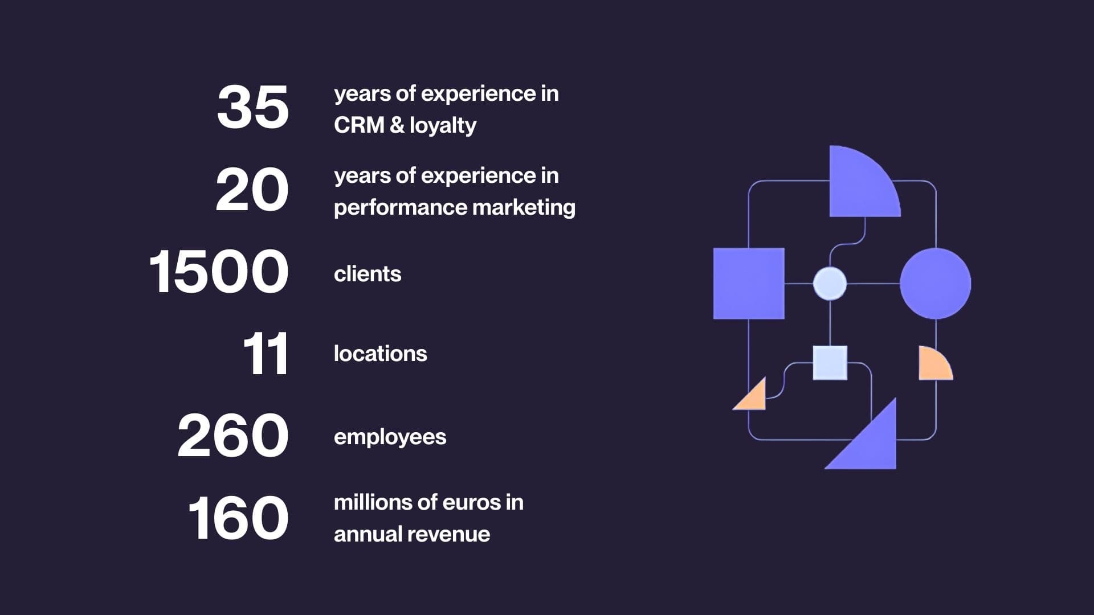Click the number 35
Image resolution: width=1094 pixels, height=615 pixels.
(253, 107)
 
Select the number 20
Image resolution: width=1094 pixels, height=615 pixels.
(252, 190)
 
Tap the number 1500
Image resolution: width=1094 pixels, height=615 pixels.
(219, 272)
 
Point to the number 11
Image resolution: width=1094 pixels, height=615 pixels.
(266, 354)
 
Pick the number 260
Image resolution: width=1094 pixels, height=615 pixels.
(233, 436)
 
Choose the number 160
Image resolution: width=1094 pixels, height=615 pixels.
(238, 518)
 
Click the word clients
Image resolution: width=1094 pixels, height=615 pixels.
(368, 274)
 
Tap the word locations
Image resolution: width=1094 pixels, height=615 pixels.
(380, 354)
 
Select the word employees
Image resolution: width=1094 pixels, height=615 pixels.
(390, 437)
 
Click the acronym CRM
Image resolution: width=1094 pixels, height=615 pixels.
(359, 125)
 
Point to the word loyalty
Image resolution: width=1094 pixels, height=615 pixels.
(443, 126)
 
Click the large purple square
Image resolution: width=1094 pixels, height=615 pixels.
(749, 284)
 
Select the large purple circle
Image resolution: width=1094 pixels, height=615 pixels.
(935, 284)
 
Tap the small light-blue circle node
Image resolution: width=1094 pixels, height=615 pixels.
(830, 284)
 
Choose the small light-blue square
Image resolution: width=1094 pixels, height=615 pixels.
(830, 363)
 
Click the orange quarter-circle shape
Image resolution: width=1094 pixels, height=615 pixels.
(932, 366)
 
